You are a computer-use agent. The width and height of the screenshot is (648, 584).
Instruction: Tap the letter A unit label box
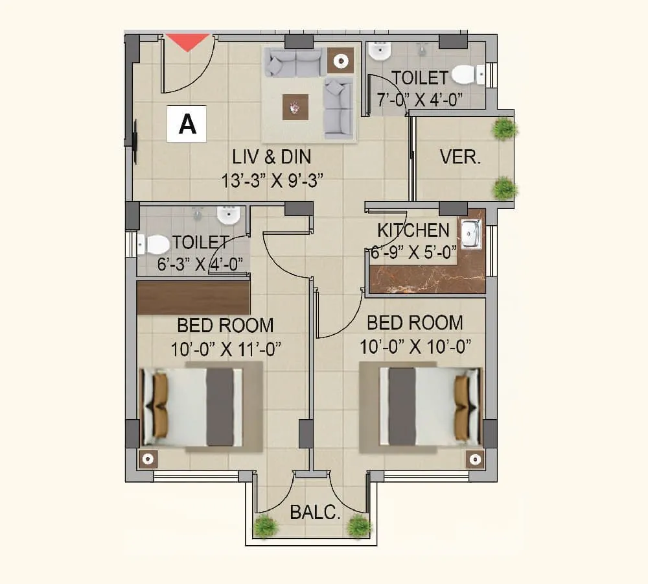click(x=187, y=123)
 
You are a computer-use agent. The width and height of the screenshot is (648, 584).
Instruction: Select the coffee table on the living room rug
click(x=295, y=106)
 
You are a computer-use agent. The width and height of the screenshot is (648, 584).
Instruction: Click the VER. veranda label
click(x=460, y=157)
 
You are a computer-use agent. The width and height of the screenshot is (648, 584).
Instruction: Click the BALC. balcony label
click(x=315, y=513)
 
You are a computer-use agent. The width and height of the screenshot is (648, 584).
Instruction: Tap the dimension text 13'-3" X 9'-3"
click(x=272, y=180)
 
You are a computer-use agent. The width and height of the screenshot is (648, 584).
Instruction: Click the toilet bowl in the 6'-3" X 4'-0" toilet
click(x=156, y=244)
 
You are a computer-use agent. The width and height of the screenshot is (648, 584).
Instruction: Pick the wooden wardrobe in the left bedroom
click(x=194, y=298)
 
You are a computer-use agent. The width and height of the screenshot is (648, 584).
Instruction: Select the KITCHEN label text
click(x=413, y=230)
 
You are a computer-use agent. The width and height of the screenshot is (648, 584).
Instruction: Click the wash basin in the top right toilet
click(x=379, y=50)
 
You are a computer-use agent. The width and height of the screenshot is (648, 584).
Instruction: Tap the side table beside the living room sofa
click(x=340, y=60)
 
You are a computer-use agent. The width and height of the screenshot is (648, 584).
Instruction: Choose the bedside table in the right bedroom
click(x=475, y=459)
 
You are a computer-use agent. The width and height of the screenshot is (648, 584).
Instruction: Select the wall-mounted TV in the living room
click(x=135, y=141)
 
